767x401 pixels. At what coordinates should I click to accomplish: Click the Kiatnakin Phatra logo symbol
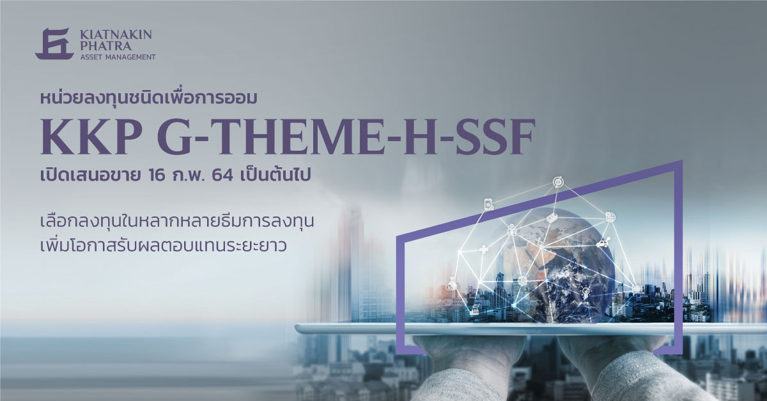pos(54,43)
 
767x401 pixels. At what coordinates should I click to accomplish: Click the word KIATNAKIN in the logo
pos(116,34)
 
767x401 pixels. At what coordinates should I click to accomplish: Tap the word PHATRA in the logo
pos(105,46)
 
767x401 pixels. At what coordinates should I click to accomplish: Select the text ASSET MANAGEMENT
pos(118,57)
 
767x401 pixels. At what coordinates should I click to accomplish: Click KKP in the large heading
pos(91,137)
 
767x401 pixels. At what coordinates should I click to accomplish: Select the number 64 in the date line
pos(222,176)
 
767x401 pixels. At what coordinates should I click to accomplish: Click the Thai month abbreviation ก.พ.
pos(189,176)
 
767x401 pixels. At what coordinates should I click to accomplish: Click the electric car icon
pos(602,243)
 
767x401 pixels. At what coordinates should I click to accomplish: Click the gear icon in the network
pos(522,280)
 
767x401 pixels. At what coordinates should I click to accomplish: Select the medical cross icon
pos(483,250)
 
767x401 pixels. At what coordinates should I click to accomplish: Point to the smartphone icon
pos(488,204)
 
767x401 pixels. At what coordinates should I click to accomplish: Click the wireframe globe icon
pos(610,217)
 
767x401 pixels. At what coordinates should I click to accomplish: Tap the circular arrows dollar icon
pos(559,183)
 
